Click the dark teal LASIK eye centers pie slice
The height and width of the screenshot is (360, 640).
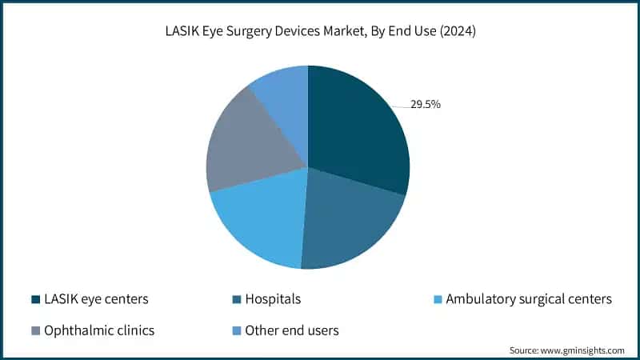click(x=356, y=128)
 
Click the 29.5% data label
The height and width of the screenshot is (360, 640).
click(x=426, y=104)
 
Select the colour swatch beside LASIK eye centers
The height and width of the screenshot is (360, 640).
click(x=35, y=299)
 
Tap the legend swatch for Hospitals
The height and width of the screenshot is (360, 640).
click(x=236, y=299)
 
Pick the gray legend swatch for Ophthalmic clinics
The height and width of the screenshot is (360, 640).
click(x=35, y=330)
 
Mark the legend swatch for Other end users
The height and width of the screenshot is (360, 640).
click(x=236, y=330)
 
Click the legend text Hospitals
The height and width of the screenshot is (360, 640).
click(x=274, y=299)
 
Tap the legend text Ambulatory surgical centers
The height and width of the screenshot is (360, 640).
click(x=528, y=299)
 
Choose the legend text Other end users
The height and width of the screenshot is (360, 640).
click(x=292, y=330)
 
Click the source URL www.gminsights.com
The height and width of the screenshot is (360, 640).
click(x=583, y=350)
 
